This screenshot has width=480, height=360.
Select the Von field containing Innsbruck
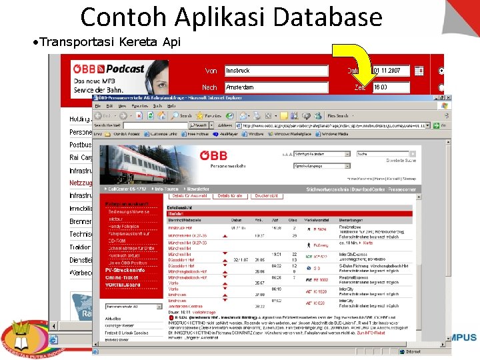276,71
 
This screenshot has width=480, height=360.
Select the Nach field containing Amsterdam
276,87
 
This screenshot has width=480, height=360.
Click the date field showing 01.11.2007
391,71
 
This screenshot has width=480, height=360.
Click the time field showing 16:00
391,87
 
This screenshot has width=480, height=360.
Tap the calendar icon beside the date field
419,71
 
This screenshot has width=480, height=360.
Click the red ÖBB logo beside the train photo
214,155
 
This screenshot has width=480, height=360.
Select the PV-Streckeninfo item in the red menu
125,270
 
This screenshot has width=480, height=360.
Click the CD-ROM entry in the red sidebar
117,241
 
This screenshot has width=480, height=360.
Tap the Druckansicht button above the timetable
266,196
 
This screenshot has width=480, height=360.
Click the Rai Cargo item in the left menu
81,157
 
